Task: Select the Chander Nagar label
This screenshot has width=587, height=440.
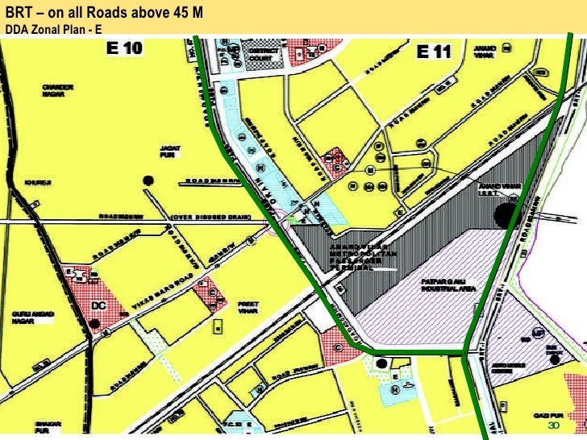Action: click(58, 90)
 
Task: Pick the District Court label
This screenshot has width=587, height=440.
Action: click(263, 55)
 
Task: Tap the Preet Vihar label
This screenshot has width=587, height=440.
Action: click(248, 307)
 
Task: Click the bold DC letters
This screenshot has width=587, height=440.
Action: click(99, 306)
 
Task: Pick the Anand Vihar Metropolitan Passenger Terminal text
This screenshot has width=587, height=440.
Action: click(358, 253)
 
